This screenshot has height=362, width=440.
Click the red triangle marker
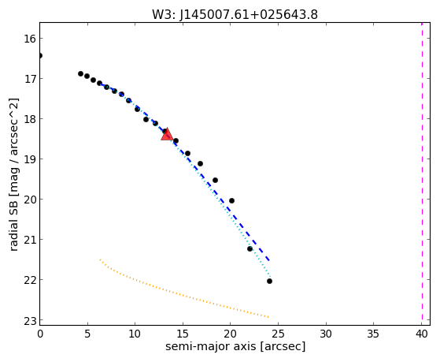click(167, 134)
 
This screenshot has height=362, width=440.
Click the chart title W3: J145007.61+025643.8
click(235, 15)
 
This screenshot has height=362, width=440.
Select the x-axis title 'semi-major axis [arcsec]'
click(235, 346)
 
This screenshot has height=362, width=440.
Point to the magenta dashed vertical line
click(422, 174)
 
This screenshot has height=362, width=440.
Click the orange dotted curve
click(179, 295)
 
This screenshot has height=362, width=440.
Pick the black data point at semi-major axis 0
click(40, 55)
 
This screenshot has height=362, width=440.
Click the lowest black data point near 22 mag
click(269, 281)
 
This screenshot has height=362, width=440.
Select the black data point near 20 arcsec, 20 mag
click(231, 200)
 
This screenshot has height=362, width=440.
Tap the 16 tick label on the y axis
click(30, 39)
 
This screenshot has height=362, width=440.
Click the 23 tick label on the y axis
click(30, 320)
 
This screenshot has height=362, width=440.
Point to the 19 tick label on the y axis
click(30, 159)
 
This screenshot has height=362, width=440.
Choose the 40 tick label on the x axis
click(421, 334)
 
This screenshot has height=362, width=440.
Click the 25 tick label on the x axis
click(278, 334)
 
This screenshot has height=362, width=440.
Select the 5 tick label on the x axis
click(87, 334)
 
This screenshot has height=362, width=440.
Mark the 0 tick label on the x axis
click(40, 334)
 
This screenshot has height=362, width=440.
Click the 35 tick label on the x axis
click(374, 334)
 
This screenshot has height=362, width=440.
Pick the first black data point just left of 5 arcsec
click(80, 73)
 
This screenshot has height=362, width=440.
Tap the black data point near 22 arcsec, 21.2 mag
click(250, 248)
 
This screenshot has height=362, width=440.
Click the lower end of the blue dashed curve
click(269, 260)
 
